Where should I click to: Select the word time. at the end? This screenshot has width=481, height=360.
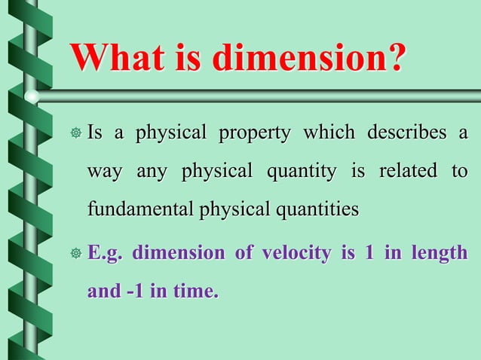point(194,291)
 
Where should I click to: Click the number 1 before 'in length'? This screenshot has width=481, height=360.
point(369,253)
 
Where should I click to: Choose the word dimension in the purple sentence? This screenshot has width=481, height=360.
point(179,253)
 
